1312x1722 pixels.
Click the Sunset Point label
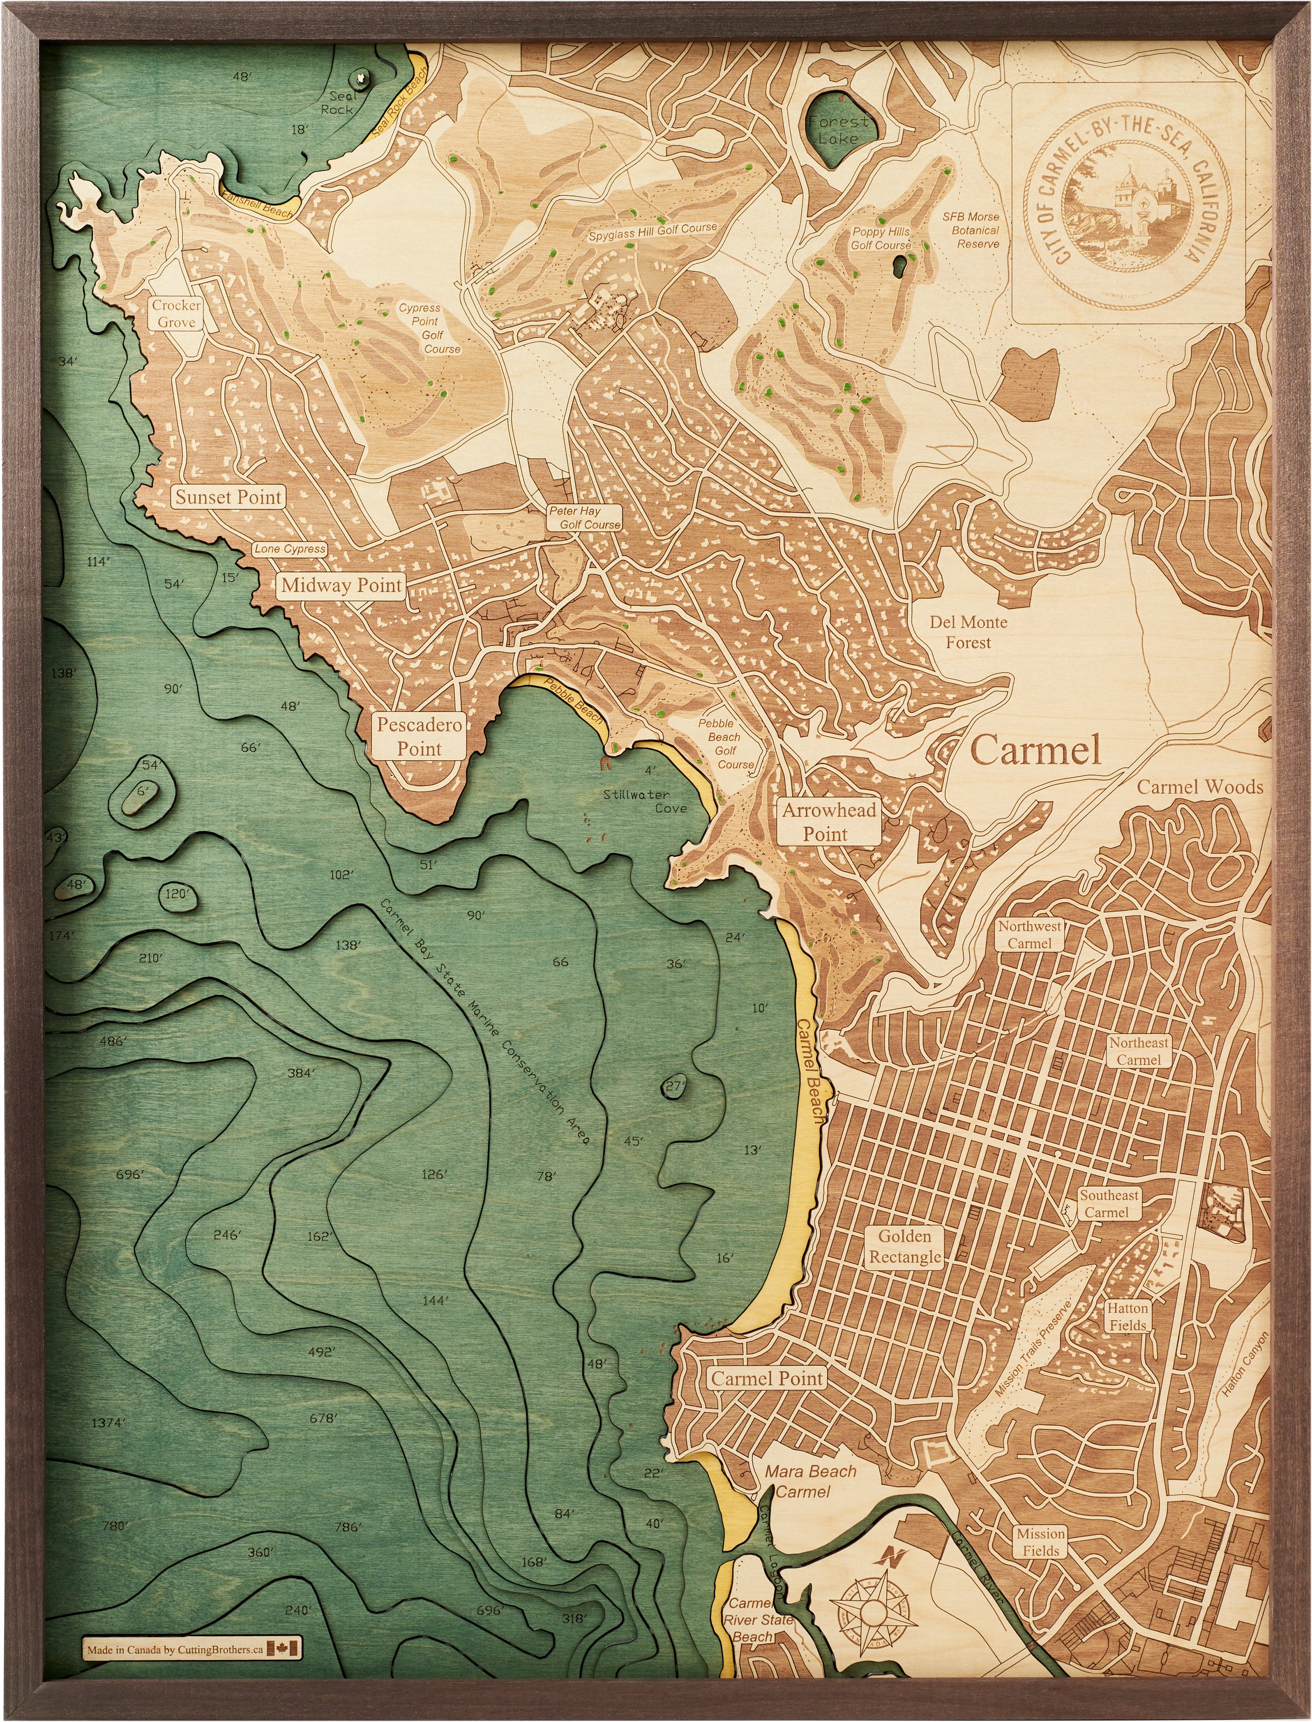pos(228,498)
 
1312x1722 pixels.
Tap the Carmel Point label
pos(767,1378)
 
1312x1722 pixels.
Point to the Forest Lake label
pos(838,130)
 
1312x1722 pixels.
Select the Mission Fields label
pos(1041,1542)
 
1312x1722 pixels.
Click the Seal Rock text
pos(338,102)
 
